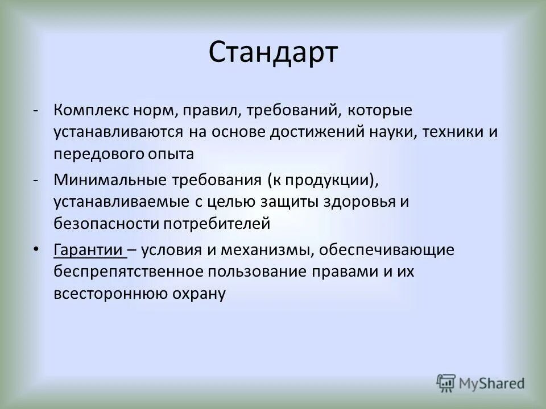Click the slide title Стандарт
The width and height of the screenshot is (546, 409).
coord(273,53)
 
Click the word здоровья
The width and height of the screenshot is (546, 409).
coord(361,202)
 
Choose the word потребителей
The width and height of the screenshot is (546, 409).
coord(216,223)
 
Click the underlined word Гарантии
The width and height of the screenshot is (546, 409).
coord(88,250)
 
